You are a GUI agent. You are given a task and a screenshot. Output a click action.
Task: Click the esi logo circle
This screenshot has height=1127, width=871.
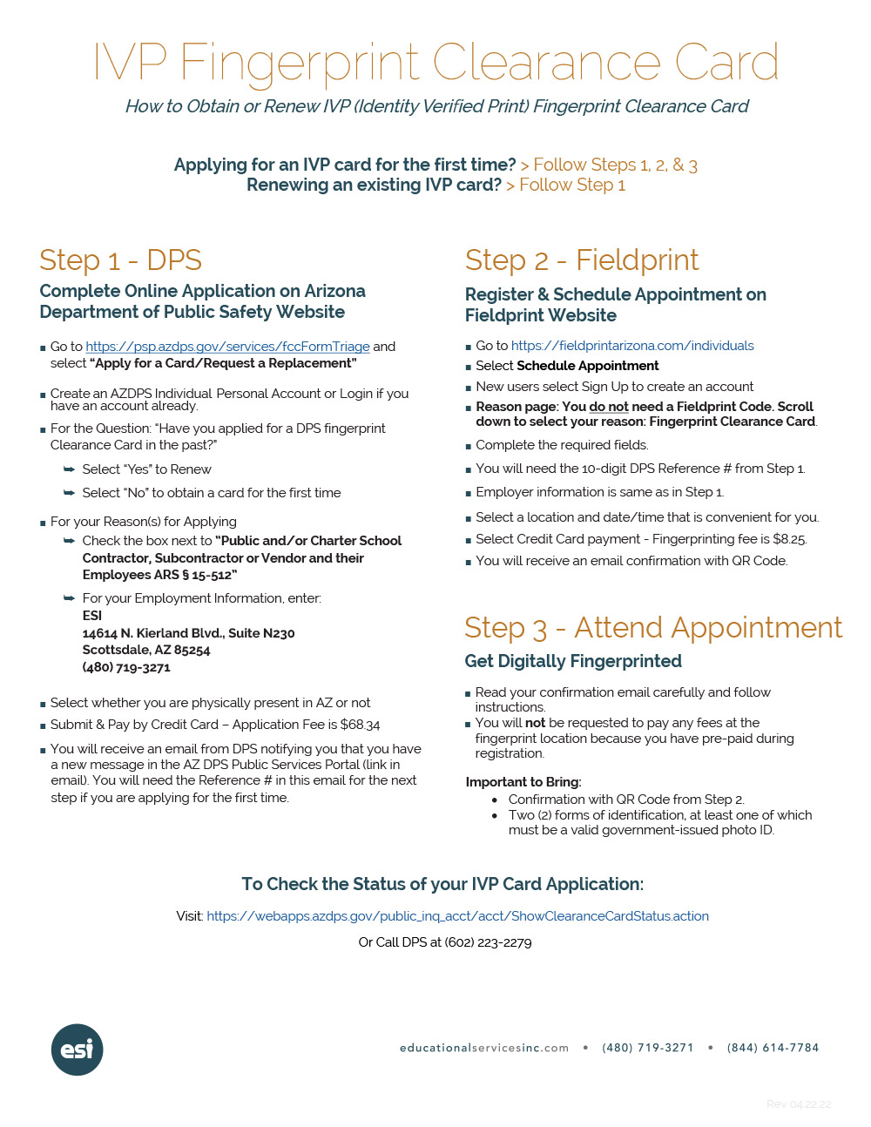coord(78,1049)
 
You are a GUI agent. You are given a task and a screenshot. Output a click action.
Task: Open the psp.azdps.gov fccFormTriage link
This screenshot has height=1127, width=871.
coord(227,347)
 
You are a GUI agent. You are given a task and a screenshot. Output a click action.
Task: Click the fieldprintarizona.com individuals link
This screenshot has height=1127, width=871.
coord(632,346)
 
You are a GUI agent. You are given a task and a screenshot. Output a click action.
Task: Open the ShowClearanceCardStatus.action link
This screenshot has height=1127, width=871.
coord(457,916)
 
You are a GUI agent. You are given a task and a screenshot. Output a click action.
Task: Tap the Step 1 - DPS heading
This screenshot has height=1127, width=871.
coord(120,260)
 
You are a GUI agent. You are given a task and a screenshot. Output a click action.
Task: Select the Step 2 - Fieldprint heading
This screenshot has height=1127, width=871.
coord(581,260)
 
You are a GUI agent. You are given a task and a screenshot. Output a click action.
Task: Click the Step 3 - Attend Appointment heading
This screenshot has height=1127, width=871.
coord(652,628)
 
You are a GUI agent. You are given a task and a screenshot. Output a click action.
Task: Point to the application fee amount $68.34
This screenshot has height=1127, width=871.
coord(360,725)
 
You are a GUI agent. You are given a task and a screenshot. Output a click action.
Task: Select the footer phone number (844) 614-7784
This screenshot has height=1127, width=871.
coord(773,1048)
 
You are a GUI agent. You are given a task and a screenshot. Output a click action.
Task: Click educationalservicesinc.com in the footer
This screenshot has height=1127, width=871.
coord(483,1048)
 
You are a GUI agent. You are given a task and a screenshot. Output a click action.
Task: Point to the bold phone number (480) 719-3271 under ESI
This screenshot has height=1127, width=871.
coord(126,667)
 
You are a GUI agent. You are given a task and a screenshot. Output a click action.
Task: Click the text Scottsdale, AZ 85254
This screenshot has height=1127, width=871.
coord(146,650)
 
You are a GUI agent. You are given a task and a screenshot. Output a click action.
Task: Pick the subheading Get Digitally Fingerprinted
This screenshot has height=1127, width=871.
coord(572,661)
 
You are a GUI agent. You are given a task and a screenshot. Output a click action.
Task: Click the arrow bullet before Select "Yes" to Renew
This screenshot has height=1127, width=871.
coord(69,469)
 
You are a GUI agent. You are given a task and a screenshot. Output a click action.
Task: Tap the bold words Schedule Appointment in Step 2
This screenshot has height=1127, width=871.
coord(587,366)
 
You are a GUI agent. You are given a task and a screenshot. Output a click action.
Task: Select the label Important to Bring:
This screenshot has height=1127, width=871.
coord(523,782)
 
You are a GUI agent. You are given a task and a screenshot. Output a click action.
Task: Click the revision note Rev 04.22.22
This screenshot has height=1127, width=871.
coord(798,1104)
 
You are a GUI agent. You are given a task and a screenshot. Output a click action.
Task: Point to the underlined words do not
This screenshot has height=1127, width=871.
coord(609,407)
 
